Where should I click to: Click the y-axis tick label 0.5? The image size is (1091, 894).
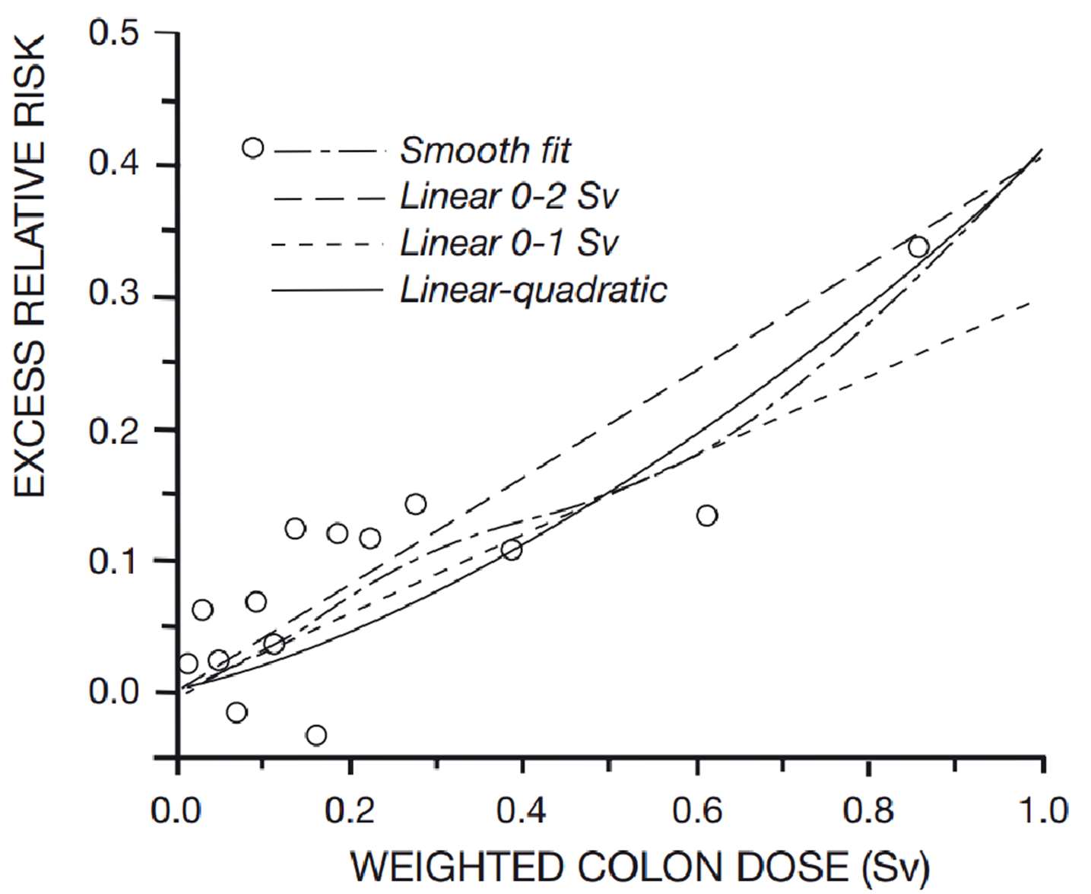(114, 33)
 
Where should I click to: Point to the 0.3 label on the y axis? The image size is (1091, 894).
(114, 296)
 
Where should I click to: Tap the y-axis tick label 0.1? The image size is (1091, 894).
(114, 562)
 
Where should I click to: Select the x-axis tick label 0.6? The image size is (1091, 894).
(697, 811)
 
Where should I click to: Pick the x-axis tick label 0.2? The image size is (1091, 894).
(350, 811)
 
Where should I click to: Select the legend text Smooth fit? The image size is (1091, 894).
(485, 151)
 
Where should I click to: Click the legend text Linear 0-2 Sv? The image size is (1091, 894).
(509, 197)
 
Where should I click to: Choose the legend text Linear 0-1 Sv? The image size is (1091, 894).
(509, 243)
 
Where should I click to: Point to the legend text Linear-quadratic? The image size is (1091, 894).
(533, 290)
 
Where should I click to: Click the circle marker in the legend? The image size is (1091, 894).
(253, 147)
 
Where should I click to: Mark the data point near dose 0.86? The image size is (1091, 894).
(918, 247)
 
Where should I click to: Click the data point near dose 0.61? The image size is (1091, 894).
(707, 515)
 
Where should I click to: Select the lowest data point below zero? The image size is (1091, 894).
(316, 735)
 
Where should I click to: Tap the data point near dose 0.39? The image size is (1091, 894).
(512, 550)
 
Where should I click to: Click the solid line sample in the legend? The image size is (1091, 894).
(327, 290)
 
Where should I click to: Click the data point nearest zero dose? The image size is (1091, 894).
(188, 664)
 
